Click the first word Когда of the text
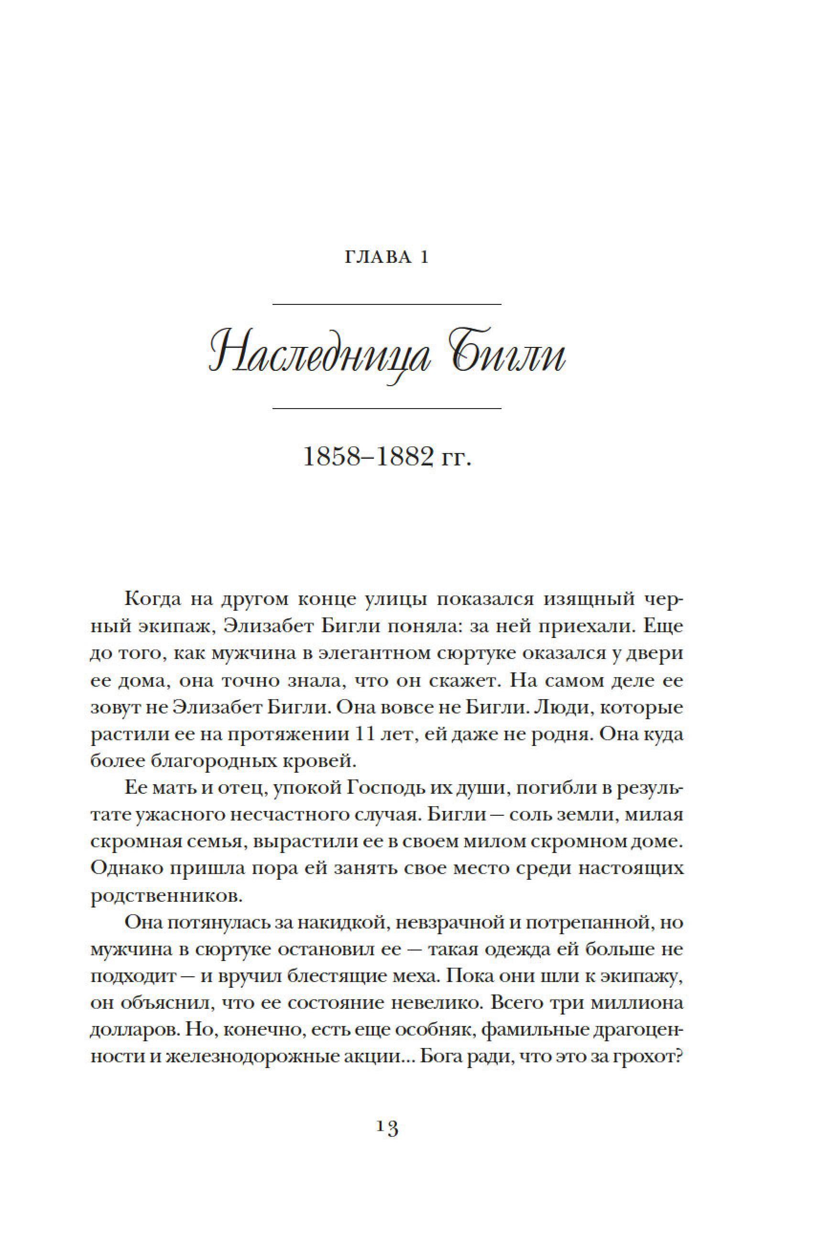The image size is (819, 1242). pyautogui.click(x=153, y=599)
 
